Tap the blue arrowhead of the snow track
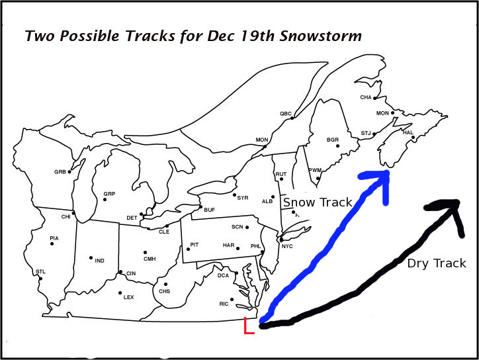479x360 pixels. point(380,177)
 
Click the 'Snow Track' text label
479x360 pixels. point(318,202)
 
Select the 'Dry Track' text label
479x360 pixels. point(436,263)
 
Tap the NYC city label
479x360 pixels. point(287,247)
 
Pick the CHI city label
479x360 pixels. point(65,216)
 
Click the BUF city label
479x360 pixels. point(210,210)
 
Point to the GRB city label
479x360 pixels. point(60,172)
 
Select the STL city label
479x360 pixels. point(40,271)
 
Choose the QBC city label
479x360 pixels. point(285,114)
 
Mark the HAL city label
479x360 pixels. point(408,132)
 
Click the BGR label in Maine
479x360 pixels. point(332,140)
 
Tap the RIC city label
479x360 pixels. point(224,304)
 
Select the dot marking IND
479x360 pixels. point(91,258)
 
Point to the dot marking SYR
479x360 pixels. point(234,195)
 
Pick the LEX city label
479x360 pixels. point(128,297)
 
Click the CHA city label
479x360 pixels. point(365,97)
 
